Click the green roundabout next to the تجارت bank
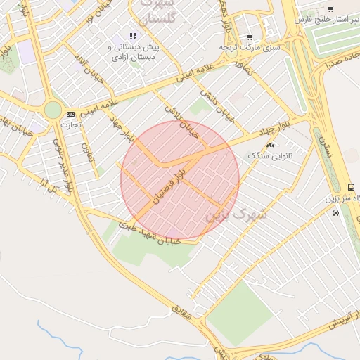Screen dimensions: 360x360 [x=53, y=110]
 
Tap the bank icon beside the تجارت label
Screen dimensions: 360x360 [x=70, y=114]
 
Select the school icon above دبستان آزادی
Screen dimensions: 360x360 [x=132, y=36]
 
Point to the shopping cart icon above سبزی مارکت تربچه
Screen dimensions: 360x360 [x=250, y=37]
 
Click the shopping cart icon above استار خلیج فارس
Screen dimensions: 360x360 [x=330, y=9]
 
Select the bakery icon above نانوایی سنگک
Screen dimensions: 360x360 [x=271, y=146]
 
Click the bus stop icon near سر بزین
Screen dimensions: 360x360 [x=351, y=186]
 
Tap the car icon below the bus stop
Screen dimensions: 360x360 [x=335, y=212]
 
